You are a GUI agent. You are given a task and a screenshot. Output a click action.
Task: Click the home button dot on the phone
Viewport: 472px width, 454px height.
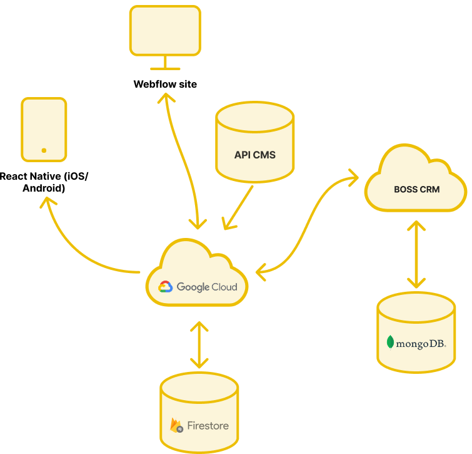(x=44, y=150)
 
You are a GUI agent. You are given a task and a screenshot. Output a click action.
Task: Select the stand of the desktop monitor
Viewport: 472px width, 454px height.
(x=165, y=63)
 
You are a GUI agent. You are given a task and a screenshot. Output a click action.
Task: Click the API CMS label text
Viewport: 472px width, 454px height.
(x=254, y=155)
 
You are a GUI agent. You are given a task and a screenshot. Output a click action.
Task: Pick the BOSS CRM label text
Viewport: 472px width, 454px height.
(x=416, y=189)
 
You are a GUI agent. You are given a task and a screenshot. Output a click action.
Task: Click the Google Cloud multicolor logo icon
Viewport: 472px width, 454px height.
(x=165, y=287)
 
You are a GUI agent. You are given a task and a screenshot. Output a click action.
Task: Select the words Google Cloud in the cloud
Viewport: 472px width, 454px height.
(x=207, y=287)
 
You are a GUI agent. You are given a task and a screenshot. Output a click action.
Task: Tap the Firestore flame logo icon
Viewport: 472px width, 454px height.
(x=177, y=425)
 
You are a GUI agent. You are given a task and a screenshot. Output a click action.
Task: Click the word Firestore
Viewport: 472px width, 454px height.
(x=209, y=426)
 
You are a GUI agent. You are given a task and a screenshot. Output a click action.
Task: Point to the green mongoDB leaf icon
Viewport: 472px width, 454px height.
(x=391, y=343)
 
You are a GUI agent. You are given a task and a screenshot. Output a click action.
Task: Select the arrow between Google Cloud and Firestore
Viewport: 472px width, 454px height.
(x=199, y=344)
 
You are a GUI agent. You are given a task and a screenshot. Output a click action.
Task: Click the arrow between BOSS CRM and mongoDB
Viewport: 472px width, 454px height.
(x=416, y=254)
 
